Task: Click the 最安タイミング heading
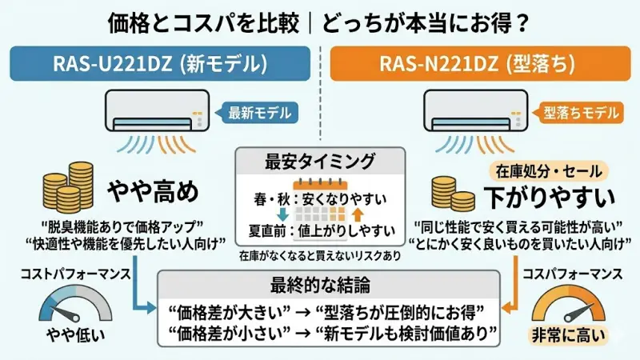[319, 161]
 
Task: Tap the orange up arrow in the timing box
[358, 214]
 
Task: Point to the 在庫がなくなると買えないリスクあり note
[320, 257]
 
